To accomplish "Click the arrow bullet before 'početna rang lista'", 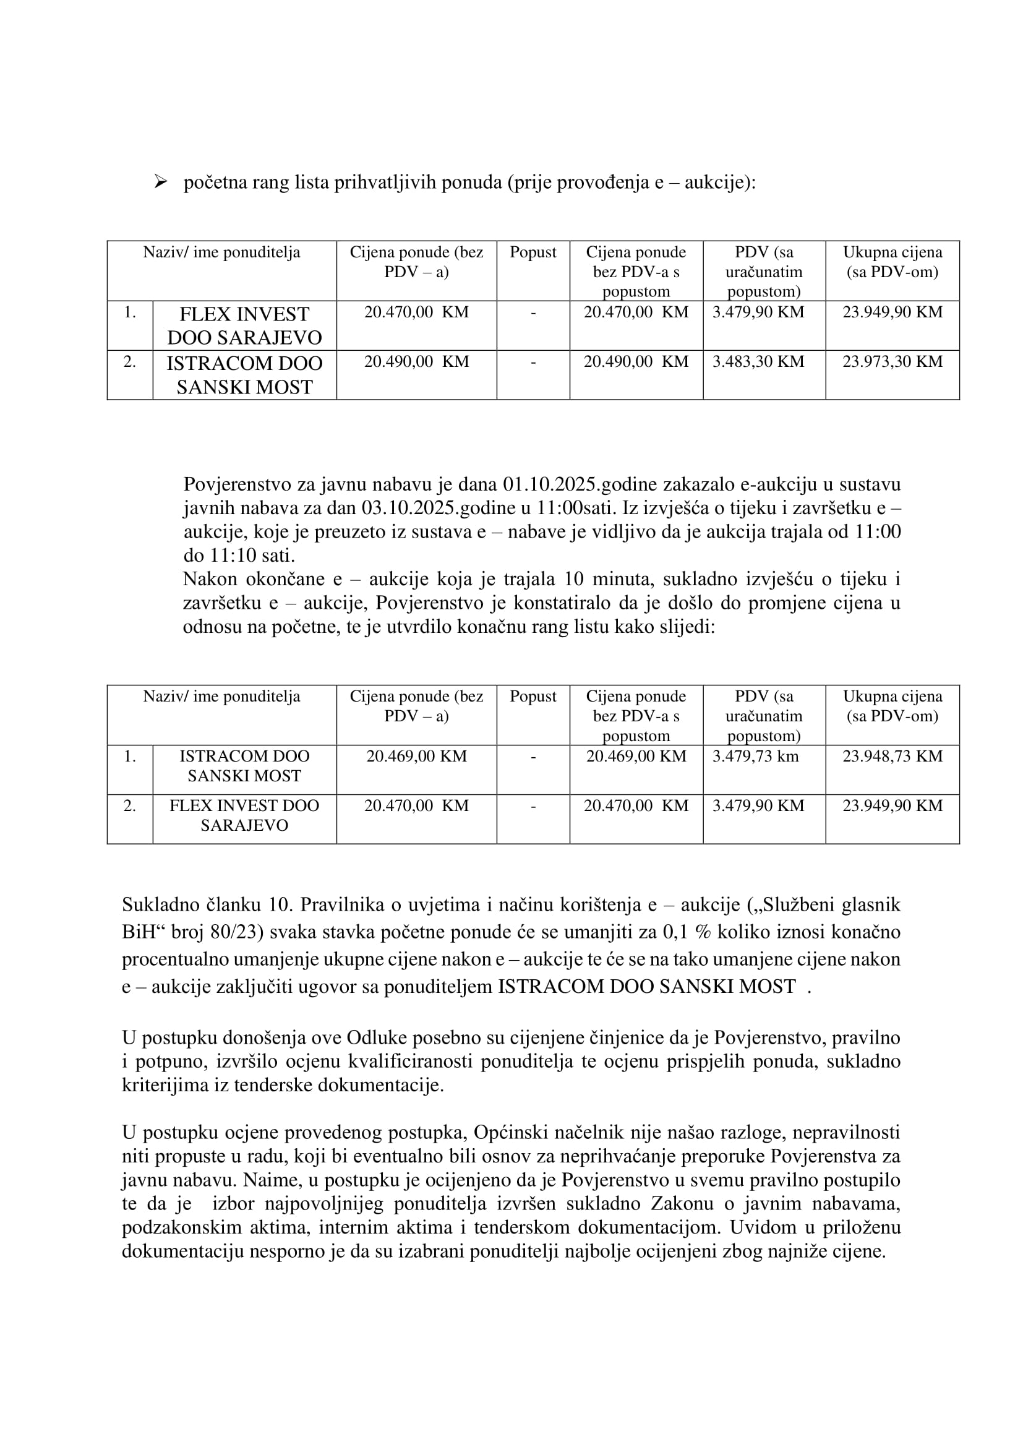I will coord(160,182).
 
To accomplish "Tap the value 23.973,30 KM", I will coord(892,362).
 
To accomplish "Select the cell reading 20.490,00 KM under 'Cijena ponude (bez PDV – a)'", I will coord(416,362).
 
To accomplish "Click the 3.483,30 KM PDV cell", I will coord(758,362).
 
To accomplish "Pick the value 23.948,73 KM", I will coord(892,756).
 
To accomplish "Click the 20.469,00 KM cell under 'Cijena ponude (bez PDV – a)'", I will coord(416,756).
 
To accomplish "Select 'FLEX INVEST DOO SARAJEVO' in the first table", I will coord(244,326).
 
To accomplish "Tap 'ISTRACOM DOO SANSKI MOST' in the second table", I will coord(244,766).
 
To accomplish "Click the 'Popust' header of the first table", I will coord(533,253).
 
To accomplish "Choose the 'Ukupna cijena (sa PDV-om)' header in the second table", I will coord(892,706).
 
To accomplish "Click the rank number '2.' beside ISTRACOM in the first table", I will coord(130,362).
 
